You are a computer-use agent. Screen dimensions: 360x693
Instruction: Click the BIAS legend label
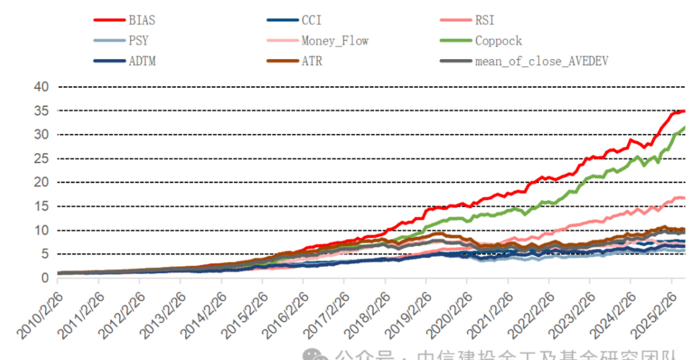[141, 21]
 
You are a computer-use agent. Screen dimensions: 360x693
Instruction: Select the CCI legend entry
[312, 21]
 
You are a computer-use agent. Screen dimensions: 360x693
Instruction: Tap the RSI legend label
[484, 21]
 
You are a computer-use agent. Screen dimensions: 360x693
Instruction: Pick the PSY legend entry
[138, 41]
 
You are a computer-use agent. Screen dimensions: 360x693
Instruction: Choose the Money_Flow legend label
[334, 41]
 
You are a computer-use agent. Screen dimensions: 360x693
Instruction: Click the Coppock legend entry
[498, 41]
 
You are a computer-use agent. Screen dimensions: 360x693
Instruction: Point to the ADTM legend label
[141, 61]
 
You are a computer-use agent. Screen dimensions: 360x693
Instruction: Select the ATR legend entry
[312, 61]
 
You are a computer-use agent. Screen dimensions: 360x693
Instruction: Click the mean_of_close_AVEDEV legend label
[541, 61]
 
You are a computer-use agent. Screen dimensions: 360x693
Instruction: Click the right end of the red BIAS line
[684, 111]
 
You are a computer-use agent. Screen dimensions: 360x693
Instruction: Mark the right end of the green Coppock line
[684, 128]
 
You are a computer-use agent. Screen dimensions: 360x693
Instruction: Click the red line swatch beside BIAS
[109, 21]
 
